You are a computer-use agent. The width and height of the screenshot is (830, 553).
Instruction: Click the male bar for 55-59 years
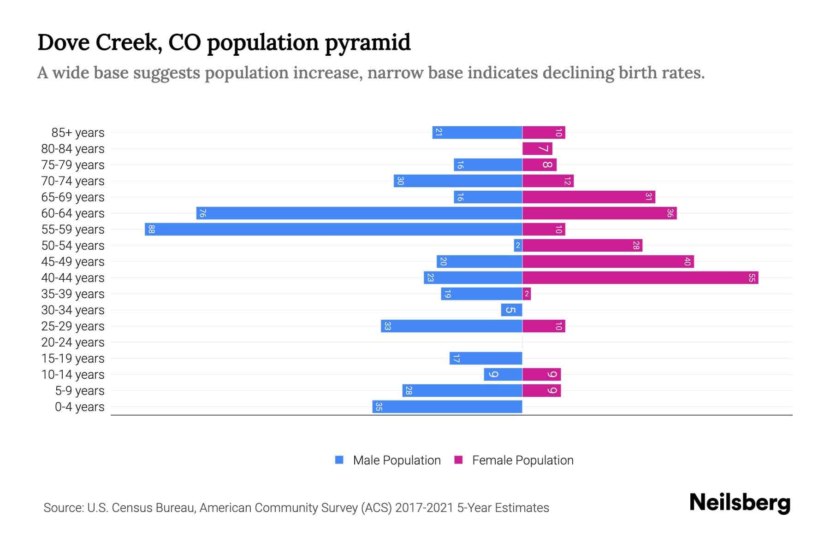333,229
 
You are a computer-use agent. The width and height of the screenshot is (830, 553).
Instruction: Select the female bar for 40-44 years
640,278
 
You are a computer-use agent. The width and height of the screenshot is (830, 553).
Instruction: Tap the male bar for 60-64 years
359,213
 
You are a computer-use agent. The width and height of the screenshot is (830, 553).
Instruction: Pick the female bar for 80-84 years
537,149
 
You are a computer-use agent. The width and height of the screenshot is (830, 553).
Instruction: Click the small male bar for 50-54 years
518,246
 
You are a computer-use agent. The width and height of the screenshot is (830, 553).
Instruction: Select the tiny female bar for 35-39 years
527,294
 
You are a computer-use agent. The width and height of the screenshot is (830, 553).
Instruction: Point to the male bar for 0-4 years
447,407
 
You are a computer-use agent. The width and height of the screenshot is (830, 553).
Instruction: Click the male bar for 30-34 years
511,310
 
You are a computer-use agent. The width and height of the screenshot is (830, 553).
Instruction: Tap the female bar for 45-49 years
608,262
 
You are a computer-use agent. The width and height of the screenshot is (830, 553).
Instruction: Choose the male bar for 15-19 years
486,359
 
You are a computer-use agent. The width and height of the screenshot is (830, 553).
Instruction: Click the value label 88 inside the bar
151,229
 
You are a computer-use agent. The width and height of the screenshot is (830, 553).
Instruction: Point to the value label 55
752,278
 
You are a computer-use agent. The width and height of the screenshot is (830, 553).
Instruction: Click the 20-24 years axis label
73,342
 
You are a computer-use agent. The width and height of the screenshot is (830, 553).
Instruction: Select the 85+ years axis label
78,133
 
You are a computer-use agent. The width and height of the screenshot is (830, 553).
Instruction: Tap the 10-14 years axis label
73,375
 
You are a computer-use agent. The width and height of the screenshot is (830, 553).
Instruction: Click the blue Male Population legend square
339,460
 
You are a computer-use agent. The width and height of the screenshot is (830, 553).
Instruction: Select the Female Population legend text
522,460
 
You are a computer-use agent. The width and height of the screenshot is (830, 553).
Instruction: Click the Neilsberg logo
740,503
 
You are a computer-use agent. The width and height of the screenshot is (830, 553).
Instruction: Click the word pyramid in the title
368,42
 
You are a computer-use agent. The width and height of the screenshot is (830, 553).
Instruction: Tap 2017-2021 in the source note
424,508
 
